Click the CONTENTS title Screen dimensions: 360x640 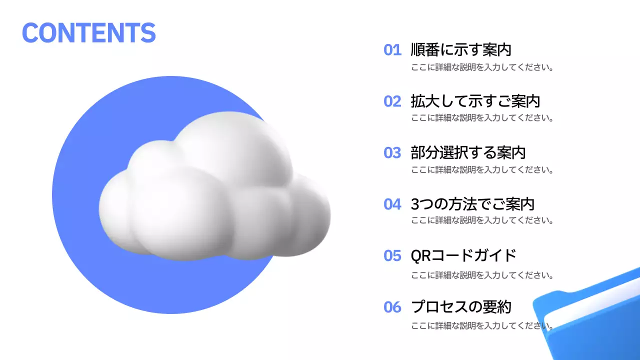pyautogui.click(x=88, y=32)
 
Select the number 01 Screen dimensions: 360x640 pyautogui.click(x=392, y=50)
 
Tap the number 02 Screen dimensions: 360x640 pyautogui.click(x=392, y=101)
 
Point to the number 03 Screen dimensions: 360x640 pyautogui.click(x=392, y=152)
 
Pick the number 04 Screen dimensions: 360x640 pyautogui.click(x=392, y=204)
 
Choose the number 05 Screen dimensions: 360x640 pyautogui.click(x=392, y=255)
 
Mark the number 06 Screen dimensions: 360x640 pyautogui.click(x=392, y=307)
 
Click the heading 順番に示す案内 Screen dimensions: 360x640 pyautogui.click(x=460, y=50)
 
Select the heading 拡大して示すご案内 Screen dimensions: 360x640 pyautogui.click(x=475, y=101)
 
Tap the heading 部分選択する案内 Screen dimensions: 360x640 pyautogui.click(x=468, y=152)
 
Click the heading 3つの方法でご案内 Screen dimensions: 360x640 pyautogui.click(x=472, y=204)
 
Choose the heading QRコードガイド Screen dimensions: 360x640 pyautogui.click(x=463, y=255)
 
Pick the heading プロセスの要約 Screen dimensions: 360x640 pyautogui.click(x=460, y=307)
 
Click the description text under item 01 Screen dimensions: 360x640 pyautogui.click(x=482, y=67)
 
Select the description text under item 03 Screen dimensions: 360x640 pyautogui.click(x=482, y=169)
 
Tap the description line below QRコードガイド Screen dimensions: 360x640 pyautogui.click(x=482, y=275)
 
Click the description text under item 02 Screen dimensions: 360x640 pyautogui.click(x=482, y=118)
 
